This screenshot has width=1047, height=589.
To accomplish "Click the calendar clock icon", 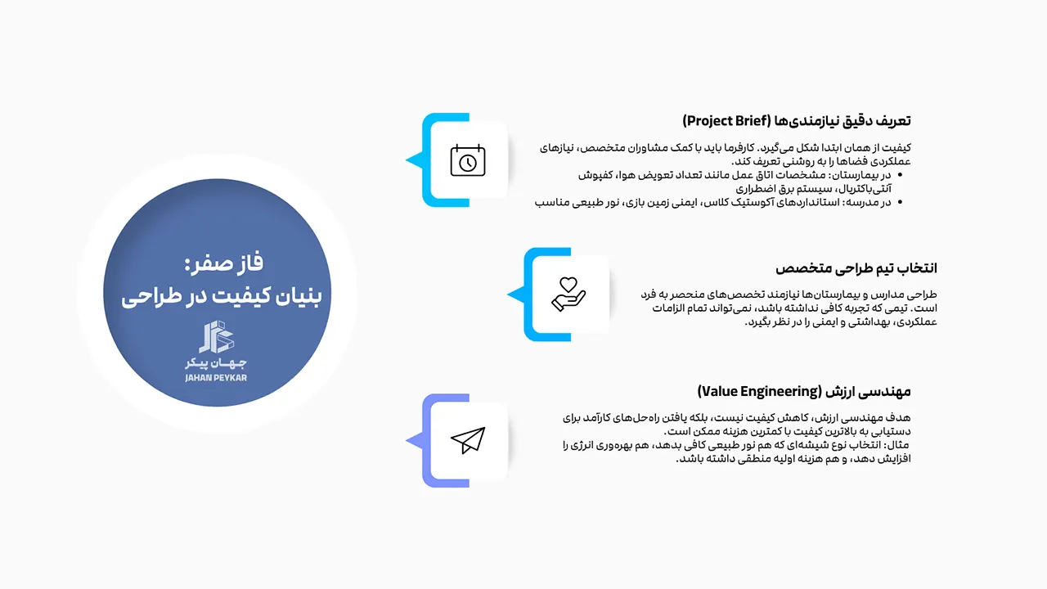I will click(x=467, y=160).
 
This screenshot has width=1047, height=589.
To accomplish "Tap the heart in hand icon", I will click(x=568, y=294).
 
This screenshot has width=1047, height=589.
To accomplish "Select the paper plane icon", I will click(x=467, y=441).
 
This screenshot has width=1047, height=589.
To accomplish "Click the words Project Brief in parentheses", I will click(x=723, y=121).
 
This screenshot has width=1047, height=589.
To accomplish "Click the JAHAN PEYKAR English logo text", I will click(x=216, y=378).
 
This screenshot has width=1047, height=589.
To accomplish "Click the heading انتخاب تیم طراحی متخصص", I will click(x=856, y=268).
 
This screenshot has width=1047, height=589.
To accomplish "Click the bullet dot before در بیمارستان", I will click(x=901, y=175).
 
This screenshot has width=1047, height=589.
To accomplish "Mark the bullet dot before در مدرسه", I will click(x=901, y=202).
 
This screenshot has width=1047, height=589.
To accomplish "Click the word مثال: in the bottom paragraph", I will click(x=898, y=445).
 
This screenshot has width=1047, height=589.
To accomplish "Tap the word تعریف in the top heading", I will click(x=893, y=121).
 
